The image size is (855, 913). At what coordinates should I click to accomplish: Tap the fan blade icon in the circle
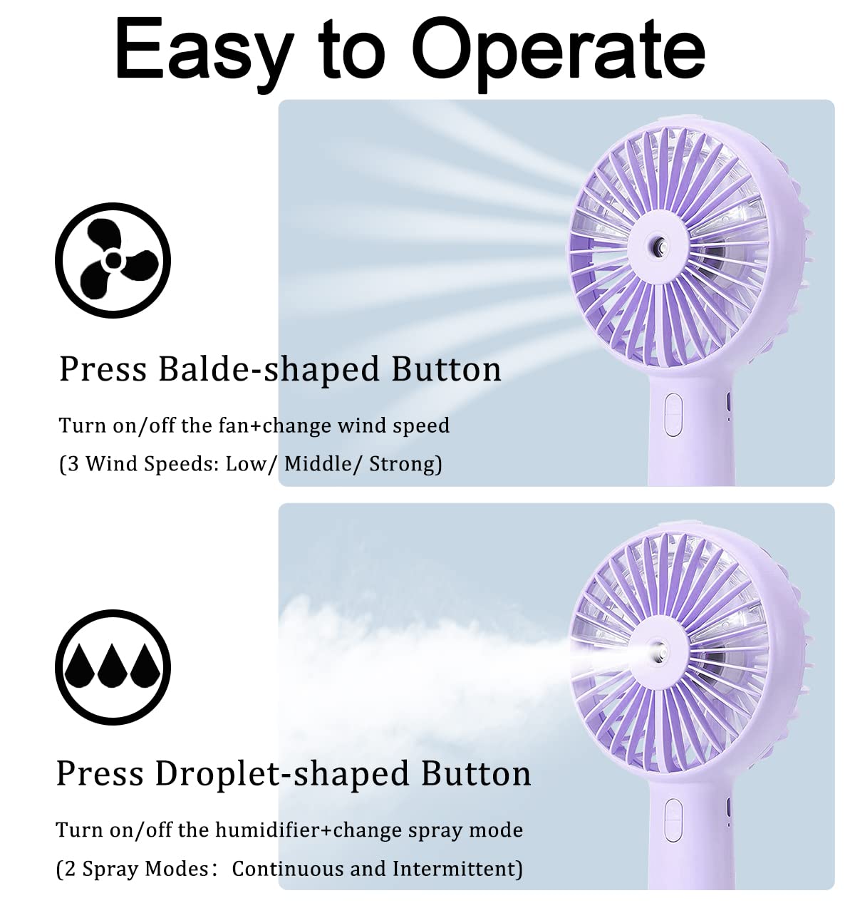pyautogui.click(x=113, y=260)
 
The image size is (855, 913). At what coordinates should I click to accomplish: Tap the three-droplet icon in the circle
pyautogui.click(x=113, y=667)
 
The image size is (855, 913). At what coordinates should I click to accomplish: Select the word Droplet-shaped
pyautogui.click(x=284, y=774)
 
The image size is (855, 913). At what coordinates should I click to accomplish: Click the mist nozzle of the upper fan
pyautogui.click(x=658, y=248)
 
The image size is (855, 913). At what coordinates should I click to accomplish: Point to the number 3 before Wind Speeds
pyautogui.click(x=73, y=464)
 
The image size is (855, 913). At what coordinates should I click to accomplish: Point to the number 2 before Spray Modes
pyautogui.click(x=70, y=869)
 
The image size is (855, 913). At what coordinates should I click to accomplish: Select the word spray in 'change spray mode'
pyautogui.click(x=436, y=830)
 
